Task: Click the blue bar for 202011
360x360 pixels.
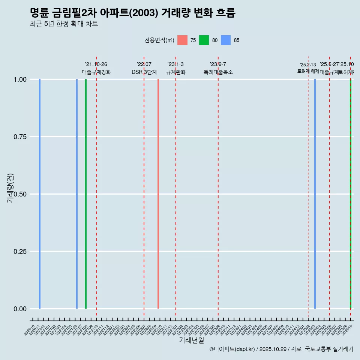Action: (x=40, y=194)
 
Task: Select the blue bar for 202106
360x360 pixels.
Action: (x=77, y=194)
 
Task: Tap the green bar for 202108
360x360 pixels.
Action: (x=86, y=194)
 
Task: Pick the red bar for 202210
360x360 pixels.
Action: (x=158, y=194)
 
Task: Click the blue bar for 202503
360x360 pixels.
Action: (x=315, y=194)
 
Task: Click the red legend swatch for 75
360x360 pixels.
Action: (x=182, y=40)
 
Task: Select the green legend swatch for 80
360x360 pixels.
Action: (x=204, y=40)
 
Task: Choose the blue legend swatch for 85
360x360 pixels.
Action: (x=226, y=40)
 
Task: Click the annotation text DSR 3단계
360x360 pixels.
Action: (x=144, y=72)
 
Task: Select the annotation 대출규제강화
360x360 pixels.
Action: (x=96, y=72)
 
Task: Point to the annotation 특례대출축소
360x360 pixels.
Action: (x=218, y=72)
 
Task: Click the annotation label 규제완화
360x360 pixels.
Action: (x=176, y=72)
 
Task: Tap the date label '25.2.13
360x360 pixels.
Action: (x=308, y=65)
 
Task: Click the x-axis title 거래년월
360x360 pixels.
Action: (x=191, y=340)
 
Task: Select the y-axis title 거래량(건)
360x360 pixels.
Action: (x=10, y=188)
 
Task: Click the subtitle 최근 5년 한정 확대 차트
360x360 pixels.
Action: (x=64, y=24)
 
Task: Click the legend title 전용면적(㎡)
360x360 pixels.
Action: (x=159, y=40)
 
